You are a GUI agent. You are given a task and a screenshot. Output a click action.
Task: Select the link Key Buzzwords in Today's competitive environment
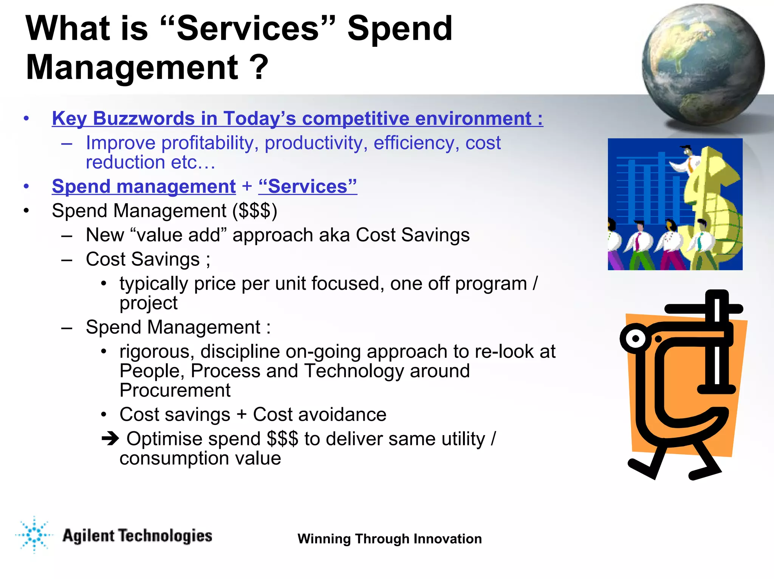[297, 119]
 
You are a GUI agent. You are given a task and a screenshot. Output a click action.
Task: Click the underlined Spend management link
[144, 187]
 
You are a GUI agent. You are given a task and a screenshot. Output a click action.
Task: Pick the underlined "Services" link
[307, 187]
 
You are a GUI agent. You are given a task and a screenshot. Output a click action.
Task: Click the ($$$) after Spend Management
[255, 211]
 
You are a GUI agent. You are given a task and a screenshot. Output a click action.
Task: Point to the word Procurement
[175, 391]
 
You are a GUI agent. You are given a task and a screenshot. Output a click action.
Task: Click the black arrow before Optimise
[110, 438]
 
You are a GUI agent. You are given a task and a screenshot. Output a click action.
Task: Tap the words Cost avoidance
[319, 415]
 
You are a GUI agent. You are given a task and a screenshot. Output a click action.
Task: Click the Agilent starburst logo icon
[34, 535]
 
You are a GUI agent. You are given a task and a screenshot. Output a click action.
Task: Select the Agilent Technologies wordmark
[137, 536]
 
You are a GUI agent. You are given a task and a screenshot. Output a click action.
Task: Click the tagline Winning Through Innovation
[389, 539]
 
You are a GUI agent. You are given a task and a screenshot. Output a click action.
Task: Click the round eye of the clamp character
[635, 338]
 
